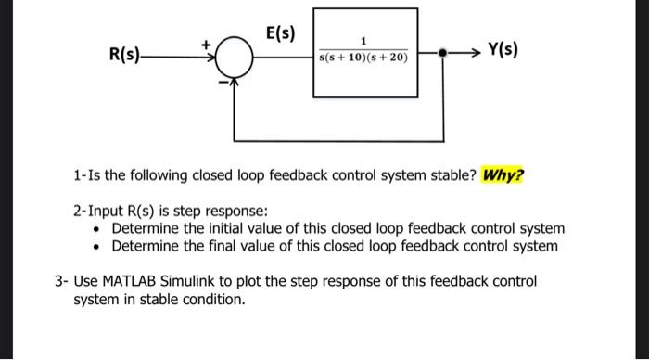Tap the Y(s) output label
click(x=502, y=46)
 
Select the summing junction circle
click(x=235, y=60)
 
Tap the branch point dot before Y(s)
click(x=445, y=54)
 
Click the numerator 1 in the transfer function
click(x=363, y=41)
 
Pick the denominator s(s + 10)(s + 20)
click(x=363, y=59)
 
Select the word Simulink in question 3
click(x=209, y=280)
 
